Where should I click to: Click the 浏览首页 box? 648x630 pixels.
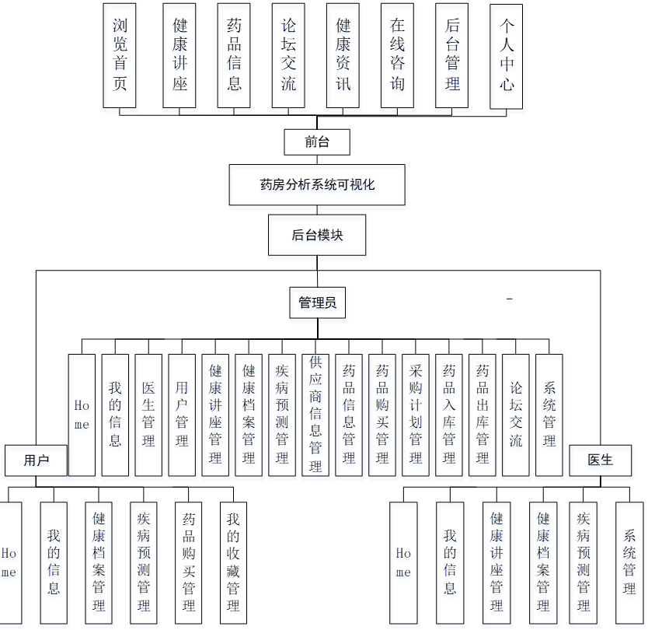point(120,55)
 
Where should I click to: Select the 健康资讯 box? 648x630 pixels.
point(343,55)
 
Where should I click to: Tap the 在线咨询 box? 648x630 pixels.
point(397,55)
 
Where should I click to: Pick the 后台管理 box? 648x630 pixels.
point(451,55)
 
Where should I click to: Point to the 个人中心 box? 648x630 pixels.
point(507,56)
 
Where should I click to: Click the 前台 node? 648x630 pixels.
point(317,142)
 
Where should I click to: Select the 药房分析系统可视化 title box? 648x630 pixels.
point(317,184)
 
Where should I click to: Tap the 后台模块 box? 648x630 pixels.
point(317,235)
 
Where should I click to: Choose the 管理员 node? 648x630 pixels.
point(317,303)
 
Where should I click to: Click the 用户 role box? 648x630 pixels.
point(36,460)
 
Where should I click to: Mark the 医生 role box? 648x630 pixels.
point(601,460)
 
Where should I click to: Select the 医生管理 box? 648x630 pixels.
point(148,415)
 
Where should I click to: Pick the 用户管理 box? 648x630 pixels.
point(182,415)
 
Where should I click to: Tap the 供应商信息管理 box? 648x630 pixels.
point(315,415)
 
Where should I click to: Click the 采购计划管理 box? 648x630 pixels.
point(416,415)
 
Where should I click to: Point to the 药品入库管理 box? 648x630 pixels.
point(449,415)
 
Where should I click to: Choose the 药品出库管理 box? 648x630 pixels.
point(483,415)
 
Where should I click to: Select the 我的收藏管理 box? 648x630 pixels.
point(233,562)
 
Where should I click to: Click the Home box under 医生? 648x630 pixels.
point(403,562)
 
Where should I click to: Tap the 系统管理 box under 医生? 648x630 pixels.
point(629,562)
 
